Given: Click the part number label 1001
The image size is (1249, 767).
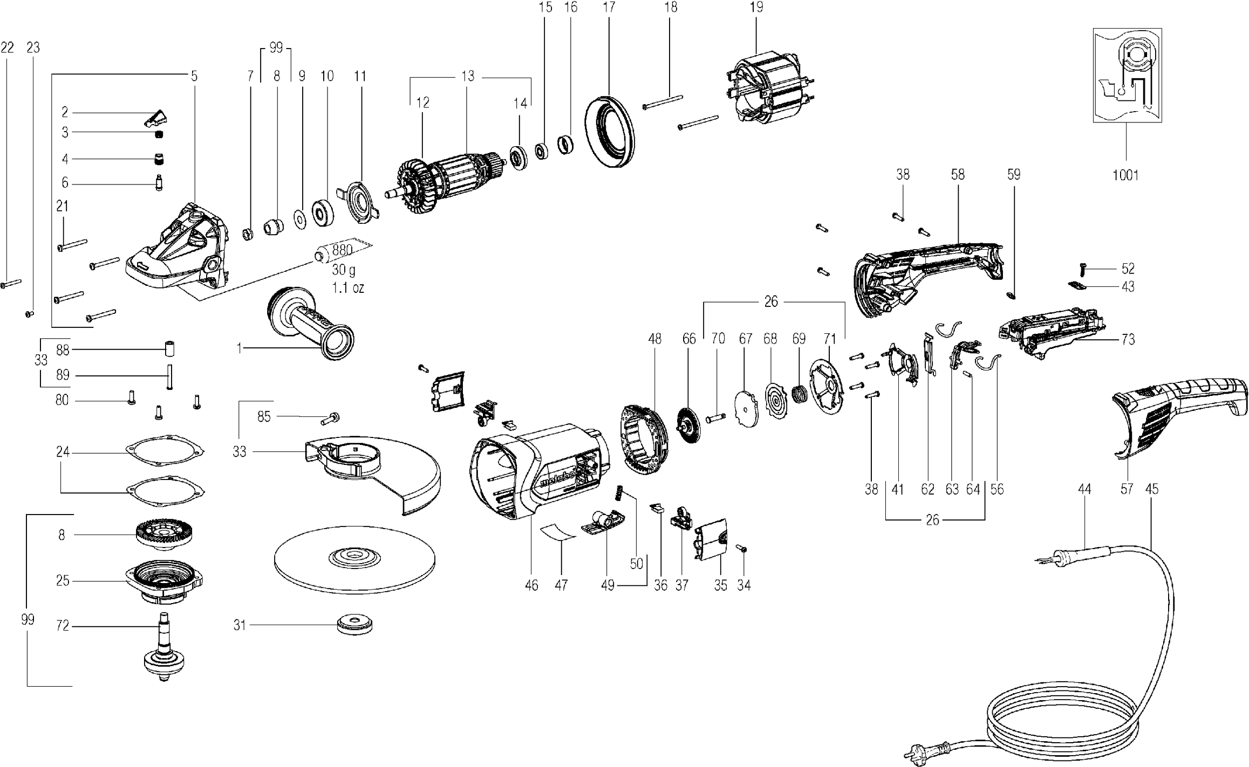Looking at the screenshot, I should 1125,175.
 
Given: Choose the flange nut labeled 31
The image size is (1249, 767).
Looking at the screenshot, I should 354,625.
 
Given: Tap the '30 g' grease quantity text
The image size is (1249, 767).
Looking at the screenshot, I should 344,269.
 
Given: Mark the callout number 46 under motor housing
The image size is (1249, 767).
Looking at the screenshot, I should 531,585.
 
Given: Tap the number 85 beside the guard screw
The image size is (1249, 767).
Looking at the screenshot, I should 264,417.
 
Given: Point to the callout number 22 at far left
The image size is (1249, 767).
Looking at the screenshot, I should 7,48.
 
